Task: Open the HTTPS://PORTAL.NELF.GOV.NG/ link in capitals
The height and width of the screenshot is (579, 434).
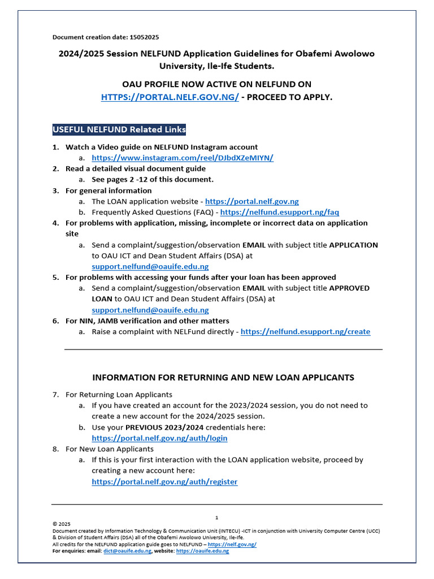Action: pos(170,97)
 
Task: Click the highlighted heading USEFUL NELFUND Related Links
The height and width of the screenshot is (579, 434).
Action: pos(119,129)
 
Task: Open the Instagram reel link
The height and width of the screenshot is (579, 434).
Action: pos(183,158)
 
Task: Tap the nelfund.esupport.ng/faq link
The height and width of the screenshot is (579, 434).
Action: pos(279,212)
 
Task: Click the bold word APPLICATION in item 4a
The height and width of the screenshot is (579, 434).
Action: pos(353,245)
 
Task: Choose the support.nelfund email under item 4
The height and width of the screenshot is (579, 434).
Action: pos(150,266)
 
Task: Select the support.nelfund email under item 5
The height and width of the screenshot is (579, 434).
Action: pos(150,310)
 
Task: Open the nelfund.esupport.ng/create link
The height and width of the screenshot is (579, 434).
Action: pos(305,331)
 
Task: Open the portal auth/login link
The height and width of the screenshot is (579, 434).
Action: pos(160,438)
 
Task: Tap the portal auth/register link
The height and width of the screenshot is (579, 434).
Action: pos(164,482)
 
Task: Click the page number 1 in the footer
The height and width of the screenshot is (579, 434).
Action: pos(216,517)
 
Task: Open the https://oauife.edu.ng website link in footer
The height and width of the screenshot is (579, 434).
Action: pos(202,551)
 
